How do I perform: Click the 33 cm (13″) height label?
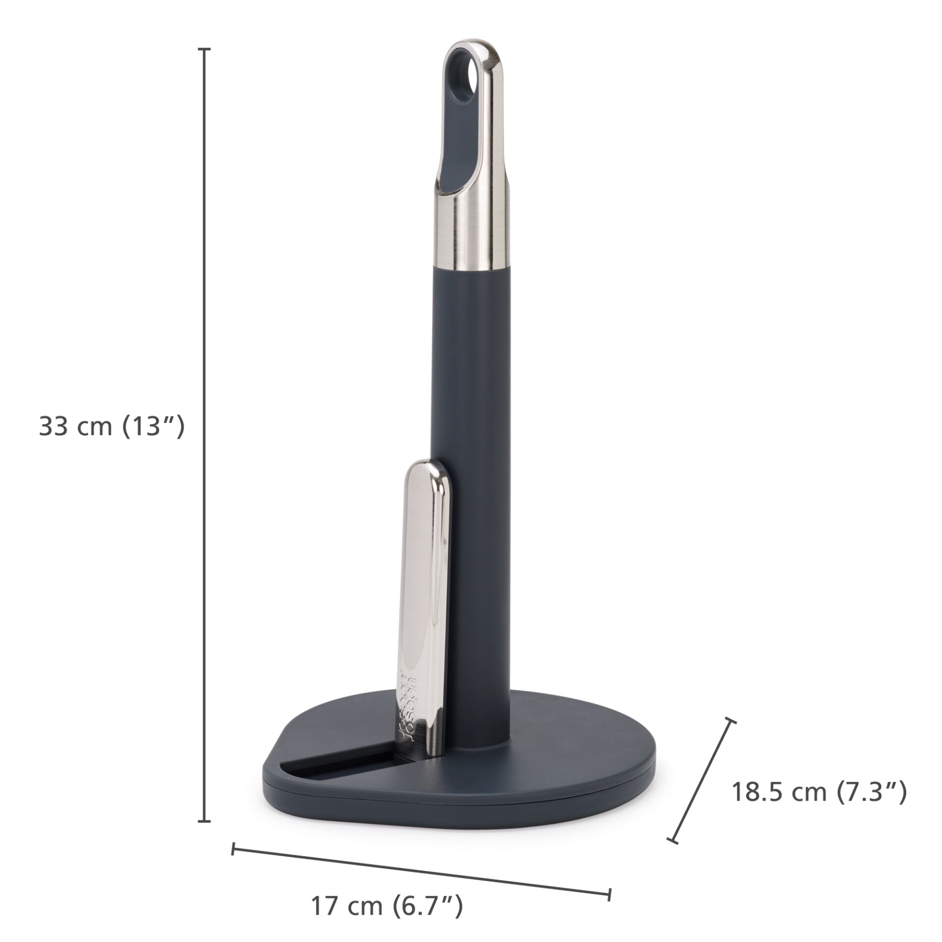[x=111, y=426]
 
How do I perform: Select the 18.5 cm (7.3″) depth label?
[x=819, y=792]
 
